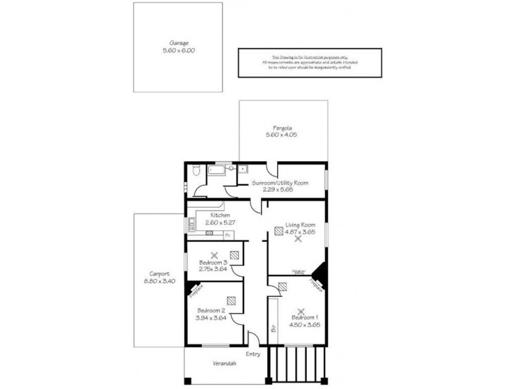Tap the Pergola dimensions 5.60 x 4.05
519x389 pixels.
point(281,135)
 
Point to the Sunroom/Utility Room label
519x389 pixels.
point(280,183)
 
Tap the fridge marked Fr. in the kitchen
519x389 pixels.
point(228,235)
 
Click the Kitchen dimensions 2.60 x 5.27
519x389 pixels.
point(220,222)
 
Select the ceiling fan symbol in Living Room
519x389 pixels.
point(298,239)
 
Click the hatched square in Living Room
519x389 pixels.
point(278,230)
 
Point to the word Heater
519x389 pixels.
point(299,272)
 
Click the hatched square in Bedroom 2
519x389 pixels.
point(231,301)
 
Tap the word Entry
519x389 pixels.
point(253,354)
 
